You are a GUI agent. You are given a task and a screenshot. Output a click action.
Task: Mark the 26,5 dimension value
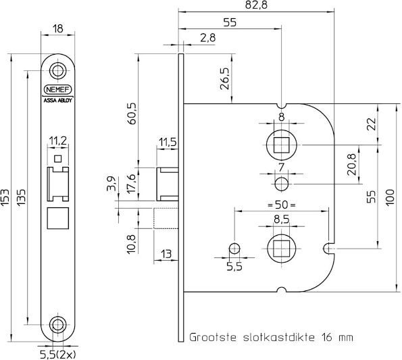pyautogui.click(x=225, y=79)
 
